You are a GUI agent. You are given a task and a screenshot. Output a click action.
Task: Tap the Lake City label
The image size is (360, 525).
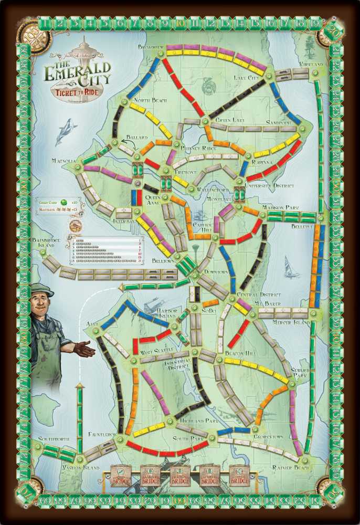(246, 78)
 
